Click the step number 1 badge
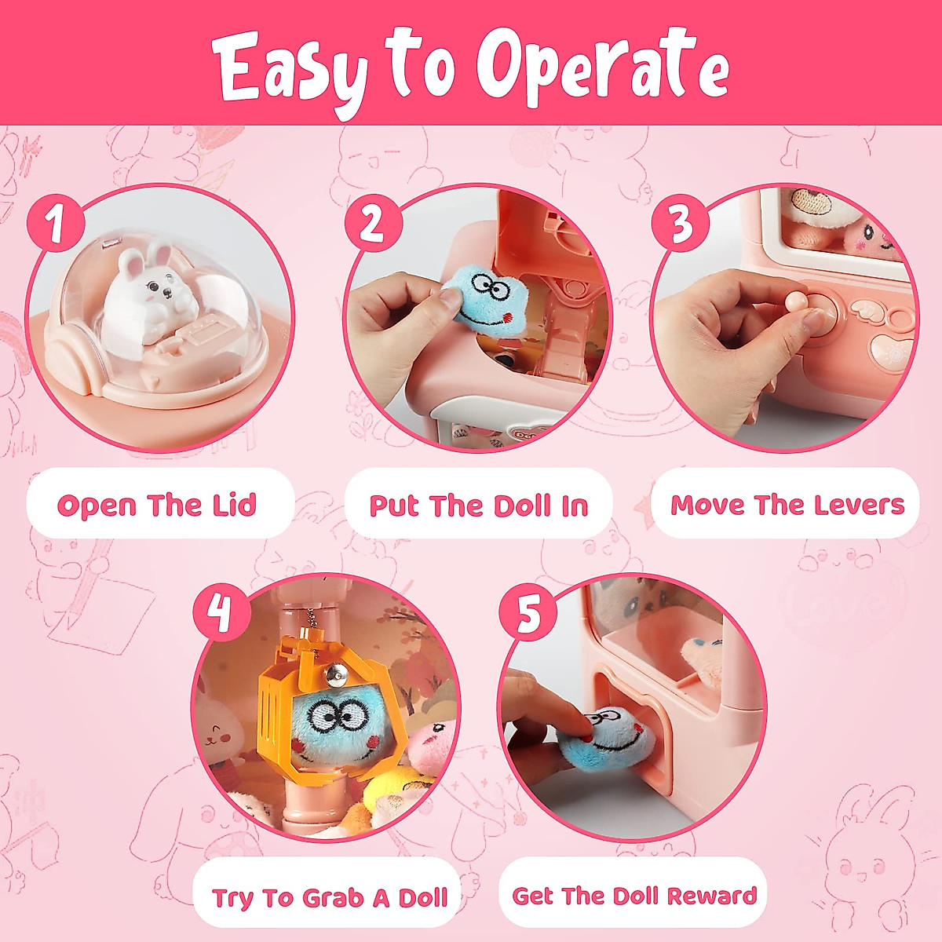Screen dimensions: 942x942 click(56, 225)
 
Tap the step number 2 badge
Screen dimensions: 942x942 click(372, 224)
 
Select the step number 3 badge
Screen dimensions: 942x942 click(681, 223)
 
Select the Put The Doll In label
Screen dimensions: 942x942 click(479, 505)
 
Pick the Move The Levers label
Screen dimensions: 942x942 click(787, 504)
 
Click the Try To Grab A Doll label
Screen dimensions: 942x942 click(329, 896)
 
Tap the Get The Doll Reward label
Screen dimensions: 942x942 click(634, 895)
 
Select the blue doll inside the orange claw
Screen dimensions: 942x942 click(334, 726)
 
